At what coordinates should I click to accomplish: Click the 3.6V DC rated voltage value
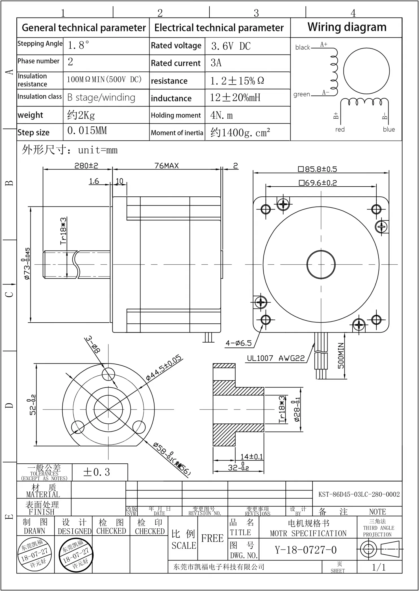[231, 46]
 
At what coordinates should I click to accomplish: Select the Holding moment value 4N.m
[222, 115]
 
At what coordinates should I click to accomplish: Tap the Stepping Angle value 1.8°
[79, 45]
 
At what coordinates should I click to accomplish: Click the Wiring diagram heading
[347, 27]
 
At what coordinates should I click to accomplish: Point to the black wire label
[303, 47]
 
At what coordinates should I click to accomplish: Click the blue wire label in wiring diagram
[389, 129]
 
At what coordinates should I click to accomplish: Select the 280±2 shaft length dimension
[86, 166]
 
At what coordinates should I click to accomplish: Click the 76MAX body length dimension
[167, 166]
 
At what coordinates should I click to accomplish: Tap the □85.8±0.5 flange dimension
[318, 169]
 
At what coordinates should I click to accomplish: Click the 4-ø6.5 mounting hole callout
[238, 343]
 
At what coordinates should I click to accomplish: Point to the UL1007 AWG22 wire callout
[276, 358]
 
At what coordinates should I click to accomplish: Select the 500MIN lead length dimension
[341, 356]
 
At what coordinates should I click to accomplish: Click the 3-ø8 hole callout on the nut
[93, 345]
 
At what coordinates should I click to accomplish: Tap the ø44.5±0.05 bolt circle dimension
[164, 368]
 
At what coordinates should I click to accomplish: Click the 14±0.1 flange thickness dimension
[251, 456]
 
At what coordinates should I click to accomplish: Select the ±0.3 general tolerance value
[96, 472]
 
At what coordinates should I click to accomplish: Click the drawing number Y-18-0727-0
[306, 550]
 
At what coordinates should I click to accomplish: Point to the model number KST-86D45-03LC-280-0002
[359, 494]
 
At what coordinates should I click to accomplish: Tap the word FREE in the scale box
[212, 538]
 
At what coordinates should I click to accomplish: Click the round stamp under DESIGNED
[75, 554]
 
